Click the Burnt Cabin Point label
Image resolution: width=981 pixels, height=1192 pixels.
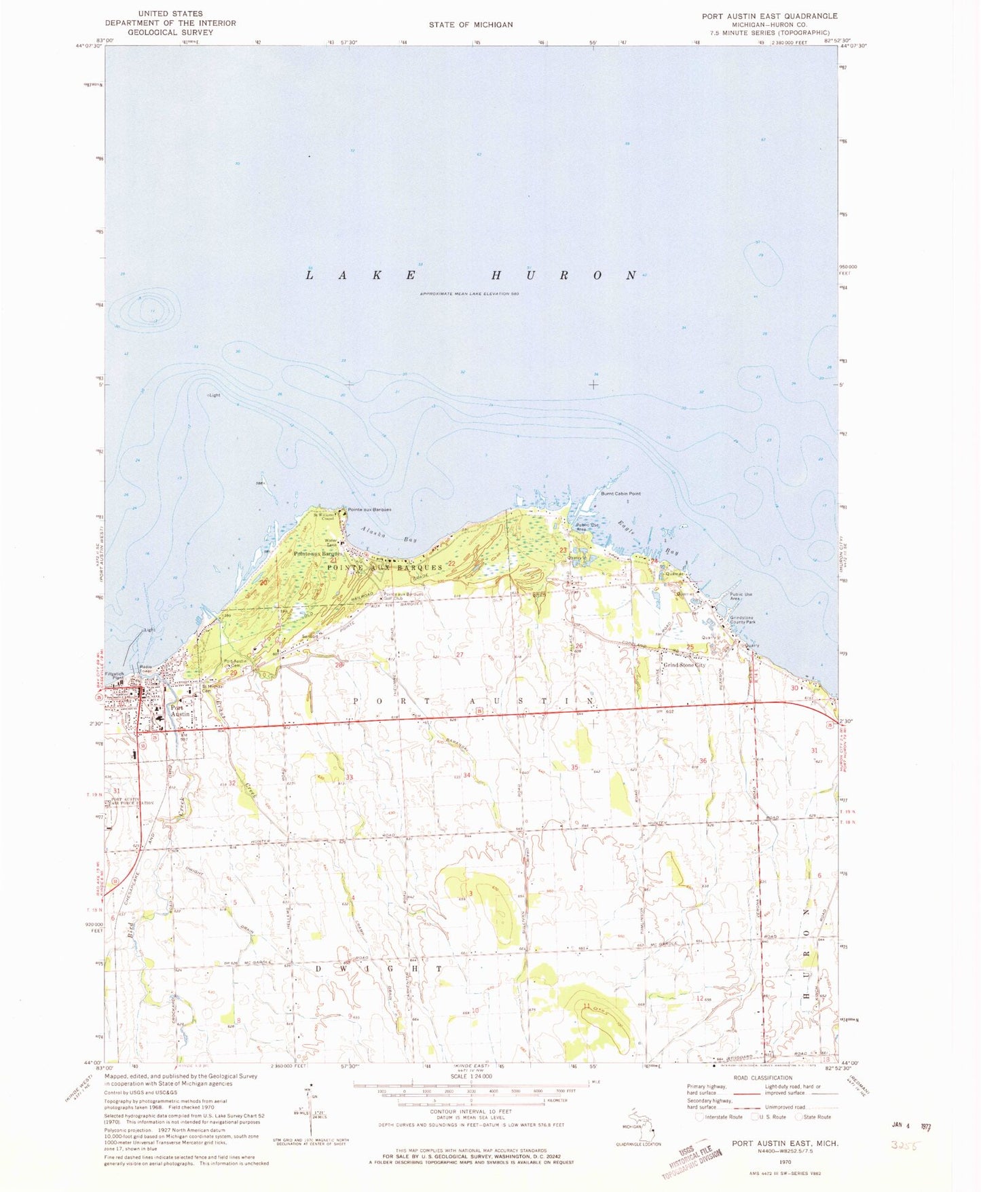click(621, 493)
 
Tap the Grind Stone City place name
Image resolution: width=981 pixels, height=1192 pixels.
click(684, 665)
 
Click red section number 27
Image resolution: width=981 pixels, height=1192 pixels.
click(460, 654)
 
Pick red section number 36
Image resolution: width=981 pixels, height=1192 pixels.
click(703, 761)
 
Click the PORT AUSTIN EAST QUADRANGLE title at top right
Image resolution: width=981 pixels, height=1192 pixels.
click(769, 16)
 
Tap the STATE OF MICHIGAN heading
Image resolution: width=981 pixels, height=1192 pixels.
click(470, 24)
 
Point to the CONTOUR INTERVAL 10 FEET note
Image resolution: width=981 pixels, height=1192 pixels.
click(470, 1111)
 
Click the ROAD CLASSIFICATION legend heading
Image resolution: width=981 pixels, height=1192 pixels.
click(762, 1077)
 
